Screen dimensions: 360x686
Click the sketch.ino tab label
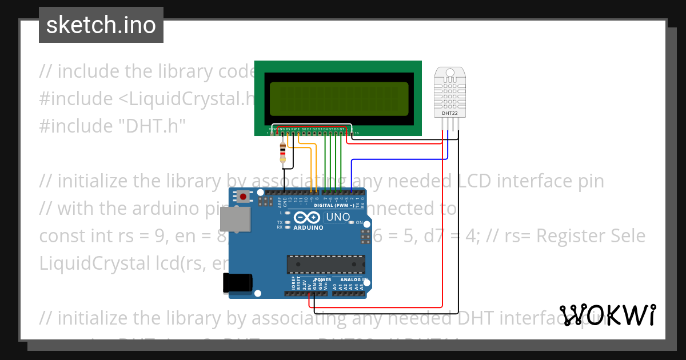(x=101, y=25)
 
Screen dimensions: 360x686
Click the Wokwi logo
(x=607, y=315)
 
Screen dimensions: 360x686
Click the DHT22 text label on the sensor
(x=449, y=113)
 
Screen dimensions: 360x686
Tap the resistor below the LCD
(x=283, y=152)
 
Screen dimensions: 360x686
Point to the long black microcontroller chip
(x=325, y=265)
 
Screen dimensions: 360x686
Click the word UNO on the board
(x=337, y=217)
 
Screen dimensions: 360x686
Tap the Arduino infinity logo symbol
(x=308, y=218)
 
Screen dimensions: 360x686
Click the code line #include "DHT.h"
(x=112, y=126)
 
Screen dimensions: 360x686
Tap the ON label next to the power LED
(x=360, y=222)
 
